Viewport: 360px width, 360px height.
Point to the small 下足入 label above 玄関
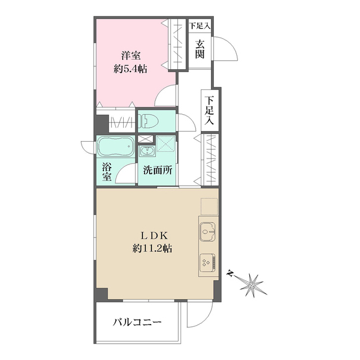199,25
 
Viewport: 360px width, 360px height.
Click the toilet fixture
150,120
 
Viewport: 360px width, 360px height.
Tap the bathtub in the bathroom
115,148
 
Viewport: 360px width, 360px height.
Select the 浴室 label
107,172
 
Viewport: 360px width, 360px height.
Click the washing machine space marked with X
165,146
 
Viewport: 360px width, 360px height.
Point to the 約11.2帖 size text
150,248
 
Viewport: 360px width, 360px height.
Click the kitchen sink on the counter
207,231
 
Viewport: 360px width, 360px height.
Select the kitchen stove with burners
206,260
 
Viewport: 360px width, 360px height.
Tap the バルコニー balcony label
137,322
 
